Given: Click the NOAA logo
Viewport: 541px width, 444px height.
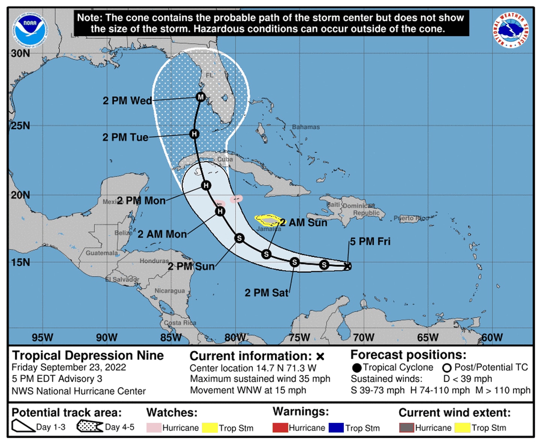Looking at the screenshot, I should point(30,30).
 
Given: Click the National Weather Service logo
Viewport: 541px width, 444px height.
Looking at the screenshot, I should point(511,30).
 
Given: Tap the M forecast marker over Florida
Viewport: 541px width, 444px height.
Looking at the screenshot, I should point(201,97).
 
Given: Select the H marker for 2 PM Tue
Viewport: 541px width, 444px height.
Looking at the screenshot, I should point(194,134).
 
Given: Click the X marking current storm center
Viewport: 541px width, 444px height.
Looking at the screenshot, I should point(348,266).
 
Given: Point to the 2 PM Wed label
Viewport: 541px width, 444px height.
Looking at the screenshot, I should point(127,101).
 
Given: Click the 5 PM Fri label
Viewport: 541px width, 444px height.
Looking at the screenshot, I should point(370,242).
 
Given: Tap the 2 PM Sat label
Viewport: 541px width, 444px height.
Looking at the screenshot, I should point(266,293).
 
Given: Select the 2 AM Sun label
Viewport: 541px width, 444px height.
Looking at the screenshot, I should point(304,223).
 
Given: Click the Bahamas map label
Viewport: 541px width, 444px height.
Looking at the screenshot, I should point(306,127).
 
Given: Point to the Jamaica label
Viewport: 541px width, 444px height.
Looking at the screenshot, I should point(269,229).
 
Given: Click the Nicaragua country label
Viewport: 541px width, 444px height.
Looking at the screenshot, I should point(170,291).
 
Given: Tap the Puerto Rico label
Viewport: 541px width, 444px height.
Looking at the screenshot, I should point(411,218).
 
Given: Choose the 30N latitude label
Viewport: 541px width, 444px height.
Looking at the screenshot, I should point(20,53).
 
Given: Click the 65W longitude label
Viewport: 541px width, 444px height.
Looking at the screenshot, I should point(428,337).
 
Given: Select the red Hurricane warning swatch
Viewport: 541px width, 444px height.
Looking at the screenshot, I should point(280,428).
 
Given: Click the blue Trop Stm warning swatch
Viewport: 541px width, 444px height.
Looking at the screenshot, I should point(336,428).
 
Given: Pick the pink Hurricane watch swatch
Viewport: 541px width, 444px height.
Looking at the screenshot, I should point(154,428).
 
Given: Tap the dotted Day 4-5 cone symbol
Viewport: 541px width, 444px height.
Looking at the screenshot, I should point(89,427).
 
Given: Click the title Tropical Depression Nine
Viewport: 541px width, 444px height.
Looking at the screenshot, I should point(88,355).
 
